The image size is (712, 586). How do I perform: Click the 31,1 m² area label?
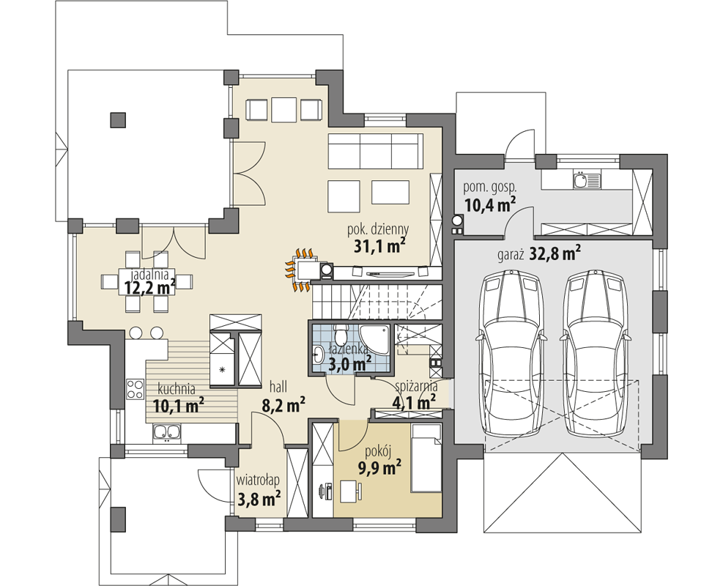(379, 246)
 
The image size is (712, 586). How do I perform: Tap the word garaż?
(511, 255)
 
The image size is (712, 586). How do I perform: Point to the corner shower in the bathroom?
(375, 339)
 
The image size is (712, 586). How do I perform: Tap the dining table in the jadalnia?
(147, 282)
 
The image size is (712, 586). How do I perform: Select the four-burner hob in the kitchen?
(135, 389)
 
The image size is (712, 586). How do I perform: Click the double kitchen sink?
(167, 432)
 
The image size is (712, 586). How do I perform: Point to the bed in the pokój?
(426, 458)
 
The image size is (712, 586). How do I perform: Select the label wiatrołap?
(258, 480)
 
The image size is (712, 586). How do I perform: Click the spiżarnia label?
(416, 386)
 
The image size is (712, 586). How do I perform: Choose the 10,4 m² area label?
(489, 204)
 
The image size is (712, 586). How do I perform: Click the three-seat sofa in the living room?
(375, 151)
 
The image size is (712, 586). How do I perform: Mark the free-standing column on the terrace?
(118, 120)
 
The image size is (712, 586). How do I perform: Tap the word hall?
(278, 387)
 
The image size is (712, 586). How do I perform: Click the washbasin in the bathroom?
(319, 352)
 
